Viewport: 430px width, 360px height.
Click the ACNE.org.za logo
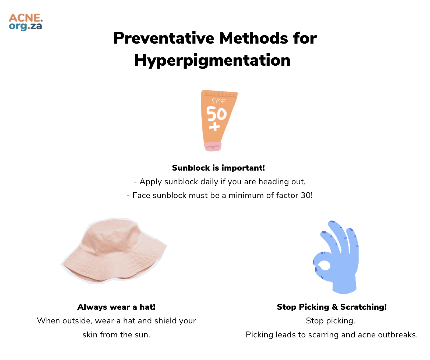coord(26,22)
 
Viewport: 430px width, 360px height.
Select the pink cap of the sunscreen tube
coord(213,147)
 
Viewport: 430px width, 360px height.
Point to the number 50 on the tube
coord(216,114)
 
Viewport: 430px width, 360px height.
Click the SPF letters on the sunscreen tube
coord(218,101)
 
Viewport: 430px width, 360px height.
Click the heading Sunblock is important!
coord(218,168)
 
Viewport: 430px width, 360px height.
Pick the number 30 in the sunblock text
coord(306,195)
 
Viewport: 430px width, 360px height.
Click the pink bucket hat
coord(114,250)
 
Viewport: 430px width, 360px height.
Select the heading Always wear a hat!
coord(116,307)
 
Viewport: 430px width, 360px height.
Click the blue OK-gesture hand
coord(336,257)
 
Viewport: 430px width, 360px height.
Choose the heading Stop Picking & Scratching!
coord(332,307)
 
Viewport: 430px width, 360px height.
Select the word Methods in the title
coord(254,38)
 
